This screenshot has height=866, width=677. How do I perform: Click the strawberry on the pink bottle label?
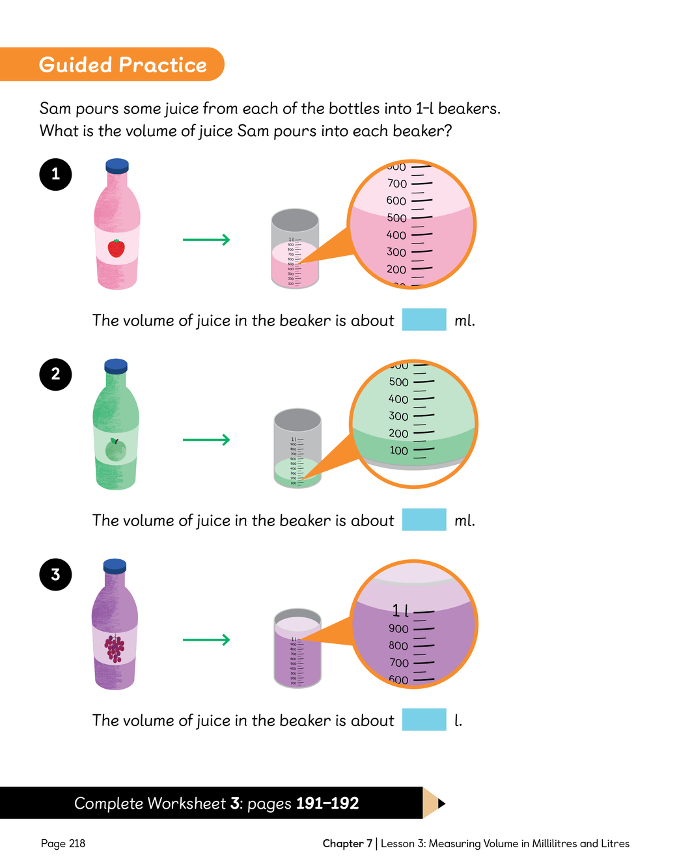click(117, 248)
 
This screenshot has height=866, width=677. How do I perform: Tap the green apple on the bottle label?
click(116, 449)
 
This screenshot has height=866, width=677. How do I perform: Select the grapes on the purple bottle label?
click(115, 649)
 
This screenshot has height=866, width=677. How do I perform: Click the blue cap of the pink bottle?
click(117, 165)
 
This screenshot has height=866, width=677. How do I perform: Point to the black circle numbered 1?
click(55, 175)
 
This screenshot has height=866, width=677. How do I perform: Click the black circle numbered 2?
click(55, 374)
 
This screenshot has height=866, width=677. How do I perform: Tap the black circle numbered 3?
click(55, 574)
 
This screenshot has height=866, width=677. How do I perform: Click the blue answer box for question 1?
click(424, 320)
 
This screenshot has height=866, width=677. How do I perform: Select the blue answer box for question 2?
click(424, 520)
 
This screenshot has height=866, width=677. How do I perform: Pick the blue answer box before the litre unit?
click(424, 719)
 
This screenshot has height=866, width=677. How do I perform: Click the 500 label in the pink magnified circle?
click(396, 218)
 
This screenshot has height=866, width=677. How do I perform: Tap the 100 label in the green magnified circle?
click(398, 451)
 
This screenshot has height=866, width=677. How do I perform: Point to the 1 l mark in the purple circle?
click(400, 611)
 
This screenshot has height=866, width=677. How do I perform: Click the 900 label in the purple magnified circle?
click(398, 629)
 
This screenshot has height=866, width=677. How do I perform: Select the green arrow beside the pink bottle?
click(206, 240)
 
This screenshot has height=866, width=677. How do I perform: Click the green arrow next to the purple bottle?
click(206, 640)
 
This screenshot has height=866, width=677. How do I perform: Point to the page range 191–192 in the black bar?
click(327, 803)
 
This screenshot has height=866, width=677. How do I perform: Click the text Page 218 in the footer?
click(63, 844)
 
